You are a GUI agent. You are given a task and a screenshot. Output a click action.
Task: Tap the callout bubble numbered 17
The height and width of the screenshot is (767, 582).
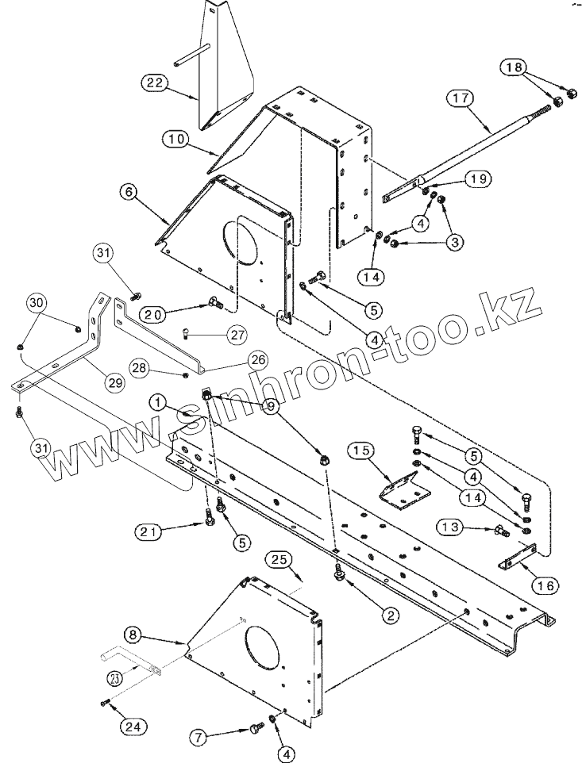[462, 99]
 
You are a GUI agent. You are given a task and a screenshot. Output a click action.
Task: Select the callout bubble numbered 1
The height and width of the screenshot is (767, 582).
[161, 403]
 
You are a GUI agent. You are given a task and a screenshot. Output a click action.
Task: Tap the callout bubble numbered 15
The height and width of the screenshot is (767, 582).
[361, 451]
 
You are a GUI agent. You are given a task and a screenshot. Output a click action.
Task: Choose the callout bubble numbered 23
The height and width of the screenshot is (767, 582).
[116, 678]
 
